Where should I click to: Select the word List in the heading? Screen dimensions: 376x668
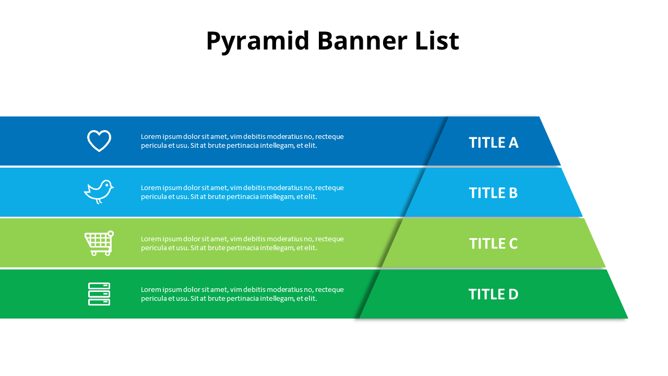[x=437, y=41]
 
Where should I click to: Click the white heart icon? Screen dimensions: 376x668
[x=99, y=140]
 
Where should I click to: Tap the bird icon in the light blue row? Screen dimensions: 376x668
[x=99, y=192]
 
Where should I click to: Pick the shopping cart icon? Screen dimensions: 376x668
[x=99, y=243]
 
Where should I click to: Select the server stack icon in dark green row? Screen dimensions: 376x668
[x=99, y=294]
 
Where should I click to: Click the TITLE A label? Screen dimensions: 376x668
[x=493, y=143]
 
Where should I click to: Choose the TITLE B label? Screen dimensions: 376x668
[x=493, y=193]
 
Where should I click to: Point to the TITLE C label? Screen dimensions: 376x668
[x=493, y=244]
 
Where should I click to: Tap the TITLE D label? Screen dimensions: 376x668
[x=493, y=295]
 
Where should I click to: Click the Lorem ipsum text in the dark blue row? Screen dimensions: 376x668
[x=242, y=141]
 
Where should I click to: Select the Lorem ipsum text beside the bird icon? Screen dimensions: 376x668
[x=242, y=192]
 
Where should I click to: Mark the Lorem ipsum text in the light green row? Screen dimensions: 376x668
[x=242, y=243]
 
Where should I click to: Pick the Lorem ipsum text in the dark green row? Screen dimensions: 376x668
[x=242, y=294]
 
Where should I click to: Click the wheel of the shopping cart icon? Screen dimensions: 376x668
[x=94, y=253]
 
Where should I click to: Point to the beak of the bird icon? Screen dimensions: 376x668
[x=112, y=187]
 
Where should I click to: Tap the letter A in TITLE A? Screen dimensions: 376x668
[x=512, y=143]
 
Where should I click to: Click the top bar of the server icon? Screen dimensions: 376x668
[x=99, y=286]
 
